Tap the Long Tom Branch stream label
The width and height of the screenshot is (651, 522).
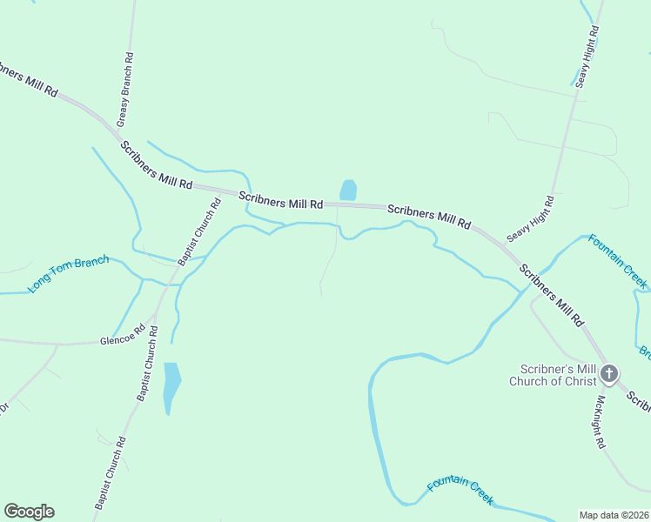[70, 272]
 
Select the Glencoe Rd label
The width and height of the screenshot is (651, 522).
[121, 340]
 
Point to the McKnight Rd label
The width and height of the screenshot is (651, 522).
[600, 422]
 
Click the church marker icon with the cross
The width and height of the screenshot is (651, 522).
[609, 375]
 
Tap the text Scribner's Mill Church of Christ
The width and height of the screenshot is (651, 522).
[554, 375]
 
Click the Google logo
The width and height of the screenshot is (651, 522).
[29, 512]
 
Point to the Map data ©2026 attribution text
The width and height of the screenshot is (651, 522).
[614, 515]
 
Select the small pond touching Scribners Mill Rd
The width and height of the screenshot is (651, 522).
[348, 190]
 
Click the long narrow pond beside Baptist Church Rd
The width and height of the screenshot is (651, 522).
[171, 383]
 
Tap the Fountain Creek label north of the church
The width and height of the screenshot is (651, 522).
[617, 260]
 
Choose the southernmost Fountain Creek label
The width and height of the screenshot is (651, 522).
[460, 492]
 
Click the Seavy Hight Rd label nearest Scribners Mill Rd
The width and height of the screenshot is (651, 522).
[531, 218]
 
